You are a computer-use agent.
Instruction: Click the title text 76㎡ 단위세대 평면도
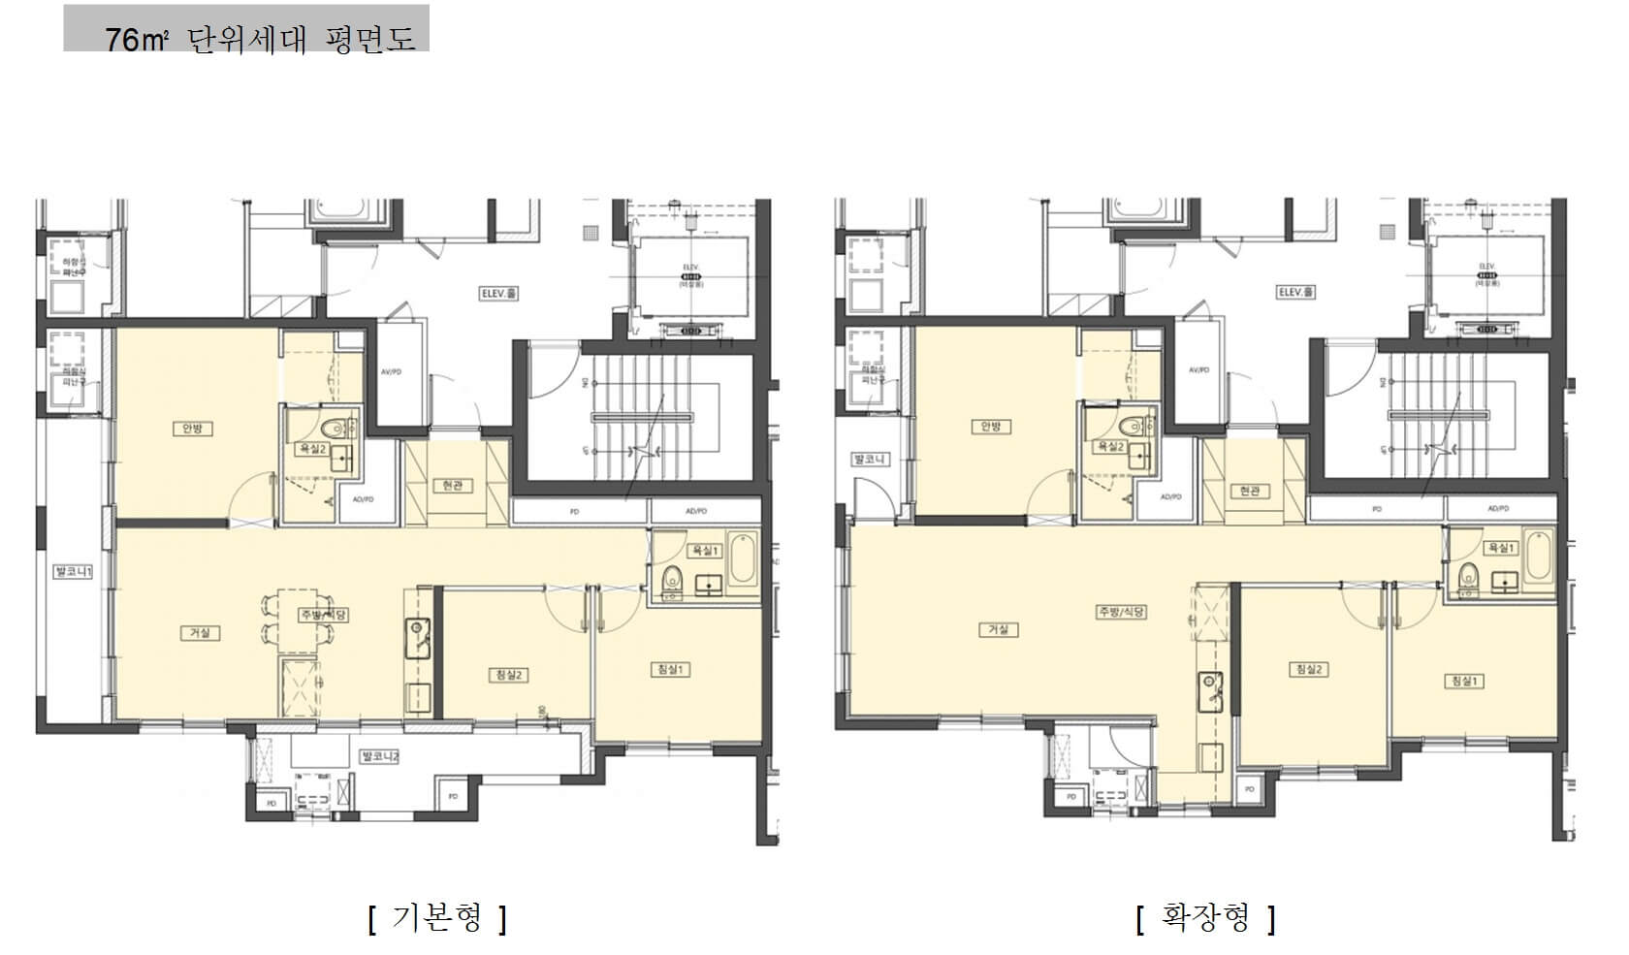(x=260, y=39)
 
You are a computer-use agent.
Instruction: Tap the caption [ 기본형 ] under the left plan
(x=437, y=916)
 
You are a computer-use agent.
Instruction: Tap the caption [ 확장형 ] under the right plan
(x=1205, y=916)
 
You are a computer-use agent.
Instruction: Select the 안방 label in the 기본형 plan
(x=192, y=429)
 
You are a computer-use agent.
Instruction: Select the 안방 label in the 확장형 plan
(x=990, y=427)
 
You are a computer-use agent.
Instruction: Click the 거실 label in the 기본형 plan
(x=200, y=633)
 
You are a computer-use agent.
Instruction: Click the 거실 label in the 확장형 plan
(x=998, y=629)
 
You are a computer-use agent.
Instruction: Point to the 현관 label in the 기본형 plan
(x=453, y=484)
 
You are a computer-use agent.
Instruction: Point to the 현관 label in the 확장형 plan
(x=1249, y=491)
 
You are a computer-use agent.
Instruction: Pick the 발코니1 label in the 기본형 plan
(x=73, y=571)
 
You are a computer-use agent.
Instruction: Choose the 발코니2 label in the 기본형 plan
(x=379, y=755)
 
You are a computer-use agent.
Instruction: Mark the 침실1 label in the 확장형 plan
(x=1463, y=681)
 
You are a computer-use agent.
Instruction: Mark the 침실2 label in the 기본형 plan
(x=508, y=675)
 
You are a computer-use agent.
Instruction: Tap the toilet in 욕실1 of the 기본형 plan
(x=671, y=580)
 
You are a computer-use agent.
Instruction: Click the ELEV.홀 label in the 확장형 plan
(x=1295, y=292)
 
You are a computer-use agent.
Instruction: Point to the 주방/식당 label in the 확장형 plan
(x=1121, y=612)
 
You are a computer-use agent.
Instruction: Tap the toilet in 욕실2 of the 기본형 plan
(x=335, y=427)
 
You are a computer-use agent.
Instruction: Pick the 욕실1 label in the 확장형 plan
(x=1500, y=548)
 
